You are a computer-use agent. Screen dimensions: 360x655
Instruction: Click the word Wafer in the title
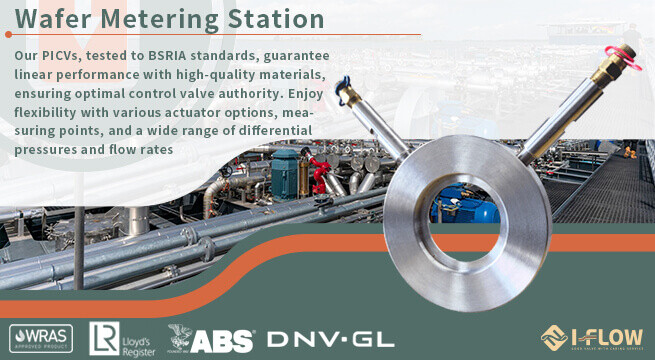[x=54, y=19]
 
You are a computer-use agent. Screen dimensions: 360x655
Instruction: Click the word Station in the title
[x=271, y=19]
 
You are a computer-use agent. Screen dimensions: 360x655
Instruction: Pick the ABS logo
[x=211, y=338]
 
